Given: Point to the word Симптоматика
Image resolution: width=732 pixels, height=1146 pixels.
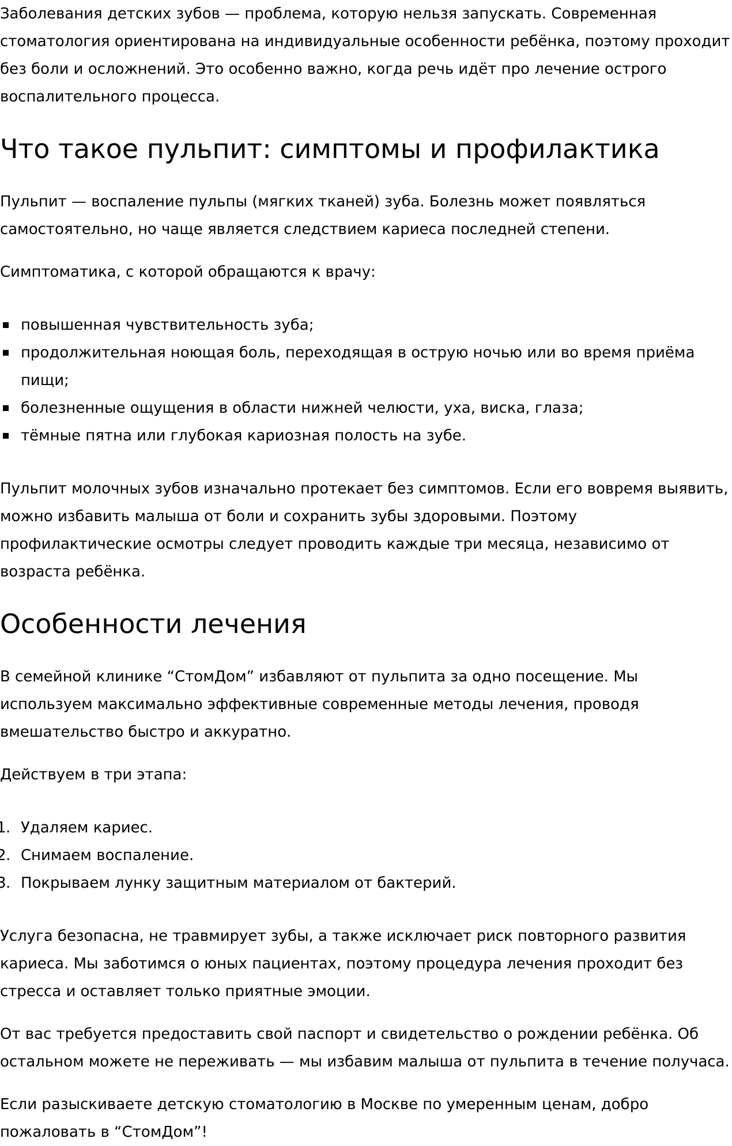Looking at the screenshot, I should [x=58, y=272].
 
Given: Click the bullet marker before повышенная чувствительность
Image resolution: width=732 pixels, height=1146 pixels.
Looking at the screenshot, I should [x=6, y=325].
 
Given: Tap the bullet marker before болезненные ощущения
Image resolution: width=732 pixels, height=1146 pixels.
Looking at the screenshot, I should [x=6, y=408].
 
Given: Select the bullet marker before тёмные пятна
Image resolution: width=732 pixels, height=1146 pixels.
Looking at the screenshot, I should [x=6, y=436].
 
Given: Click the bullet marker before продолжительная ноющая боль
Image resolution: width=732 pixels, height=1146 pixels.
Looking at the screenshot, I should [x=6, y=353].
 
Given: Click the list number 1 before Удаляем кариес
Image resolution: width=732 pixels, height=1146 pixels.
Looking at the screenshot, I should [x=3, y=828].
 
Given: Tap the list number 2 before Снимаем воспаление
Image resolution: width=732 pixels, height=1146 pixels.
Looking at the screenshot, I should [x=3, y=855].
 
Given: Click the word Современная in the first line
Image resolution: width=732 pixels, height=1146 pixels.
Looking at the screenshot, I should [x=603, y=14].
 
